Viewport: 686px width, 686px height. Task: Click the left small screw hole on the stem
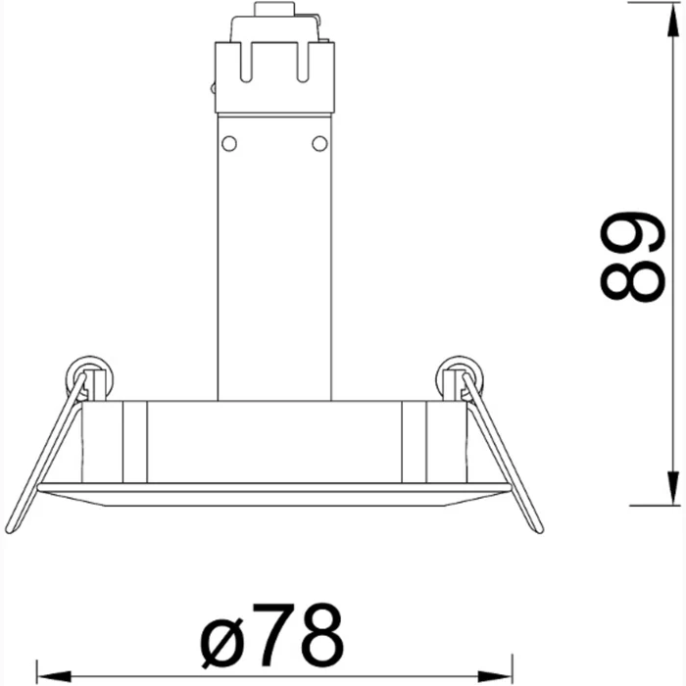[x=229, y=144]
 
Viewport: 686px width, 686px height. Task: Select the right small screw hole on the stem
[x=318, y=144]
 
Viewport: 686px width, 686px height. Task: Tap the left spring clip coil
[x=90, y=376]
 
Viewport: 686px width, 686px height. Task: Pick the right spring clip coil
[x=459, y=376]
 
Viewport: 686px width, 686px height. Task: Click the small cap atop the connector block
[x=274, y=11]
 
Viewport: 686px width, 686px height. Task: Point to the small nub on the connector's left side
[x=213, y=87]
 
